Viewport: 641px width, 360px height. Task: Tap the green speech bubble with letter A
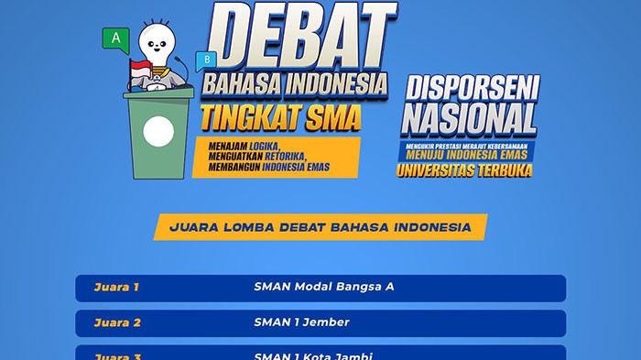(x=115, y=38)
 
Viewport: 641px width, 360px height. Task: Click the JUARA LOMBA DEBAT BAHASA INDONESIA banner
(x=320, y=225)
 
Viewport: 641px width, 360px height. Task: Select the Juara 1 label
(x=116, y=287)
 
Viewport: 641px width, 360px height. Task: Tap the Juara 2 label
(x=116, y=322)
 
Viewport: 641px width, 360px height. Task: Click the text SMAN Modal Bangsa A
(x=323, y=287)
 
